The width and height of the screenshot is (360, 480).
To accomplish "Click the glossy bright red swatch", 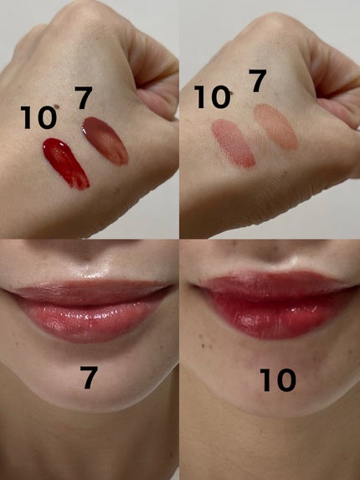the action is point(66,163).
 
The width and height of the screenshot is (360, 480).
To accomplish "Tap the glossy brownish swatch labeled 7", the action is point(105,141).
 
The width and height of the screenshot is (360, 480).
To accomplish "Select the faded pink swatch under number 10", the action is point(234,143).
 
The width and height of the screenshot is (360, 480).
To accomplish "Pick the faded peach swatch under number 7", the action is point(276,126).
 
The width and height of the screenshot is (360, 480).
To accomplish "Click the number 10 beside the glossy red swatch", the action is point(39,117).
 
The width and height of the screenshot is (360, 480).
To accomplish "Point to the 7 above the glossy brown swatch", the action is point(83,98).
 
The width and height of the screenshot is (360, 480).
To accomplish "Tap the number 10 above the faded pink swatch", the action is point(213,96).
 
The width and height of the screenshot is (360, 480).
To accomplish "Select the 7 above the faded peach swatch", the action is point(258,80).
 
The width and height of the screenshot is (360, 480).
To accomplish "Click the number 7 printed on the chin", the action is point(89,378).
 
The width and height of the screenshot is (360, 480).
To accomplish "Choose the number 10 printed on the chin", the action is point(278,380).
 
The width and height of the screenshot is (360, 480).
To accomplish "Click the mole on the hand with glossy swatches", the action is point(56,106).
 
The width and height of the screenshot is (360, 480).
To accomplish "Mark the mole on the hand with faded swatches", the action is point(232,93).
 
